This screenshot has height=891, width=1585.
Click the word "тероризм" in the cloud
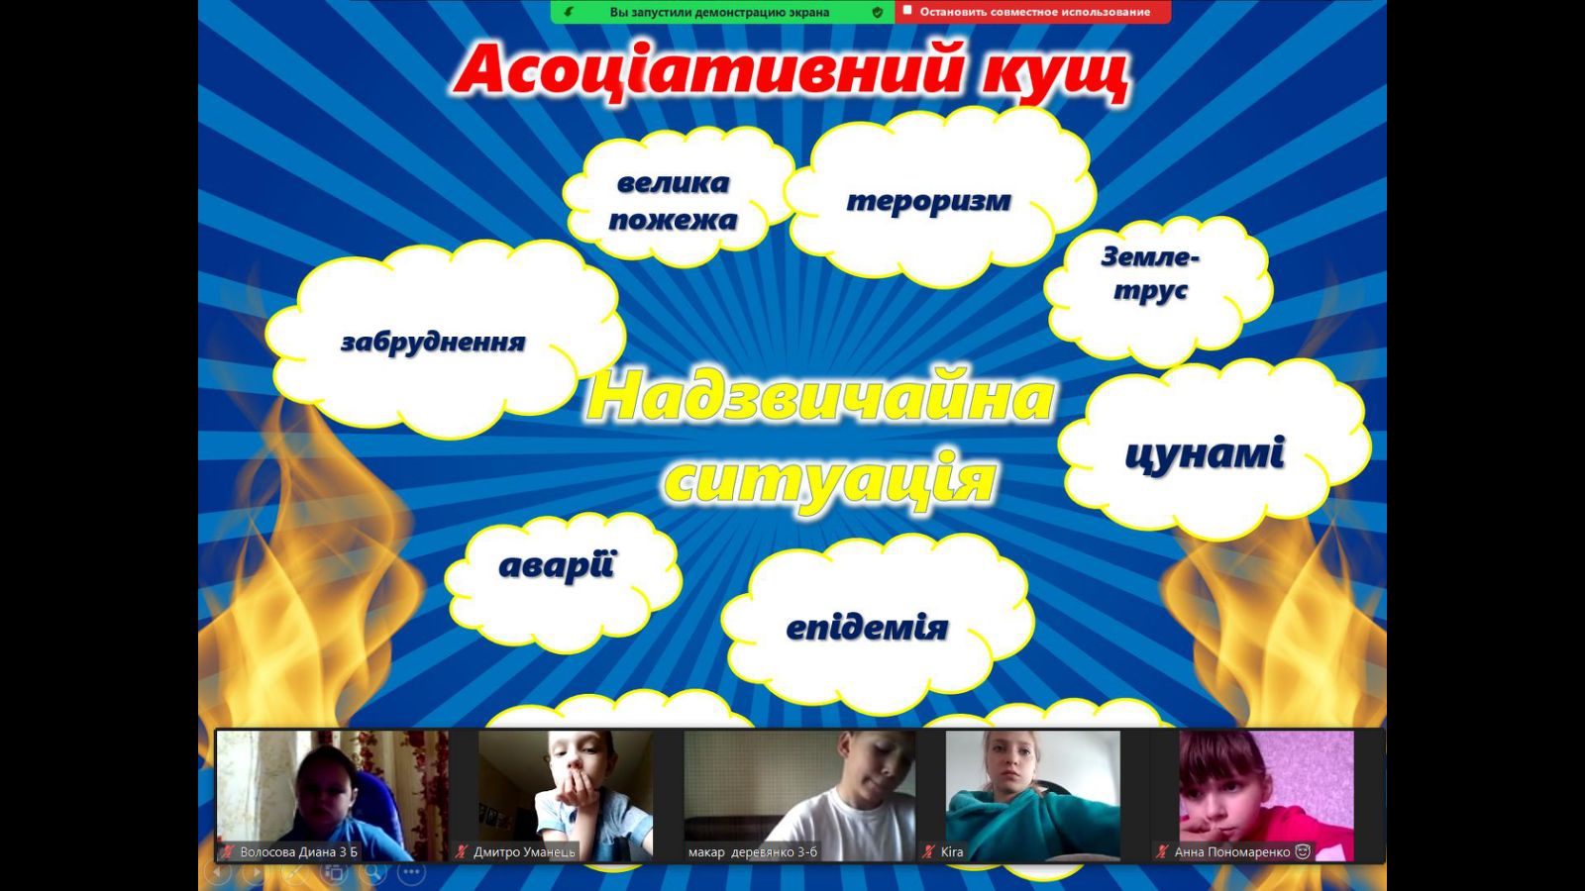(928, 201)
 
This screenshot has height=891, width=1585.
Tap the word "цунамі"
(1205, 453)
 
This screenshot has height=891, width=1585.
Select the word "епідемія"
(867, 628)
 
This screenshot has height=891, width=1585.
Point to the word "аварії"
(557, 565)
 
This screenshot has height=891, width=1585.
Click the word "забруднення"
(433, 343)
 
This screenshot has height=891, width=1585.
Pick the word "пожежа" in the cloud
(673, 220)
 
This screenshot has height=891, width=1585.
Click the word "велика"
(673, 183)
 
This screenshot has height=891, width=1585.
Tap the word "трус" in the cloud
(1150, 290)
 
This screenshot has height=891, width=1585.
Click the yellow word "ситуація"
(830, 479)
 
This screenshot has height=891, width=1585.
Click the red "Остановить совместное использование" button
(1032, 12)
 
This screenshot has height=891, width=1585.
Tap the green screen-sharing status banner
(722, 12)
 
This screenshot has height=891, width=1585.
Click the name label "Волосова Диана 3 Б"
(298, 852)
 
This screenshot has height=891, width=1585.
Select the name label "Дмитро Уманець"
(524, 852)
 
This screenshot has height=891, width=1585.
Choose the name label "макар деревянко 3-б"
(752, 852)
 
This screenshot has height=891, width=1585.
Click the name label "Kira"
(952, 852)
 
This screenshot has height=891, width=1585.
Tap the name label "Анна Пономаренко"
(1232, 852)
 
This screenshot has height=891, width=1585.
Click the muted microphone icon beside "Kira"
(929, 852)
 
